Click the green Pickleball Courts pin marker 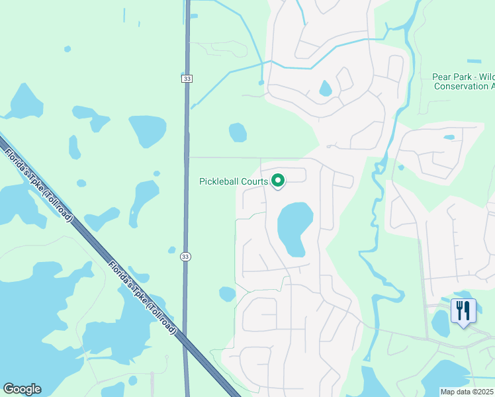(x=279, y=180)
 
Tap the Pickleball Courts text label (x=234, y=181)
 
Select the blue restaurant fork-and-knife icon (x=463, y=310)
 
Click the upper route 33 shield (x=186, y=79)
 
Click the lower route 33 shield (x=185, y=257)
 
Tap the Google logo (x=22, y=389)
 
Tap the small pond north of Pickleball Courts (x=238, y=132)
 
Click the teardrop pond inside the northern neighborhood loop (x=325, y=88)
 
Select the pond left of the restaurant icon (x=440, y=323)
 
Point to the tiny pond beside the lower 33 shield (x=172, y=250)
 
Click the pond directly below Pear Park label (x=449, y=137)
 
